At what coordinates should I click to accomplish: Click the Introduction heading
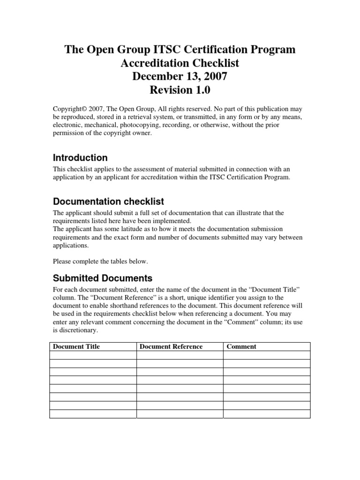tap(80, 158)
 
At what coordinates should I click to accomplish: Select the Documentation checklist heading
tap(108, 202)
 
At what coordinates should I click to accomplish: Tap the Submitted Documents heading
tap(103, 278)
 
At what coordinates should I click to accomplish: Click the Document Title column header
tap(76, 346)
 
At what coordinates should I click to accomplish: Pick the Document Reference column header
tap(171, 346)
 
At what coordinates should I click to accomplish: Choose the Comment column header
tap(241, 346)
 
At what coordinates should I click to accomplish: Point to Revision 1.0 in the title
tap(180, 90)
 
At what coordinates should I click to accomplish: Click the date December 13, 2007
tap(180, 76)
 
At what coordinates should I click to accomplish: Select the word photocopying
tap(139, 125)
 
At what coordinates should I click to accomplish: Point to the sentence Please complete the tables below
tap(100, 261)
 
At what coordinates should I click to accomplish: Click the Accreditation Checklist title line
tap(180, 62)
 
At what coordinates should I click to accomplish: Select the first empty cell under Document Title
tap(93, 355)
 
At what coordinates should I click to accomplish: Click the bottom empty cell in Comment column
tap(266, 414)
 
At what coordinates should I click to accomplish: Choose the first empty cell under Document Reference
tap(180, 355)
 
